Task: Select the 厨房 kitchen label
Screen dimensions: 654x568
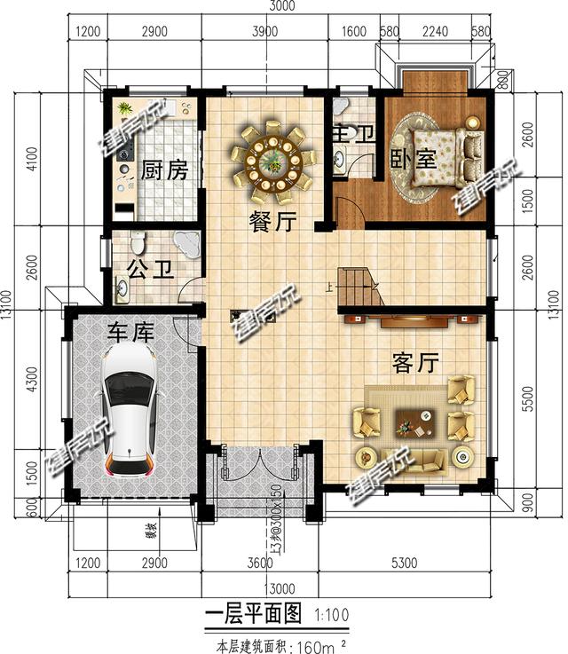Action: pos(164,170)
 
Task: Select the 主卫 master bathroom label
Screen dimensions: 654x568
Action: pos(351,136)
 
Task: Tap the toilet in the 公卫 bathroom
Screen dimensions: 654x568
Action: pos(138,242)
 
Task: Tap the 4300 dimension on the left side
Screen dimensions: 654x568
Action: pos(34,388)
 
